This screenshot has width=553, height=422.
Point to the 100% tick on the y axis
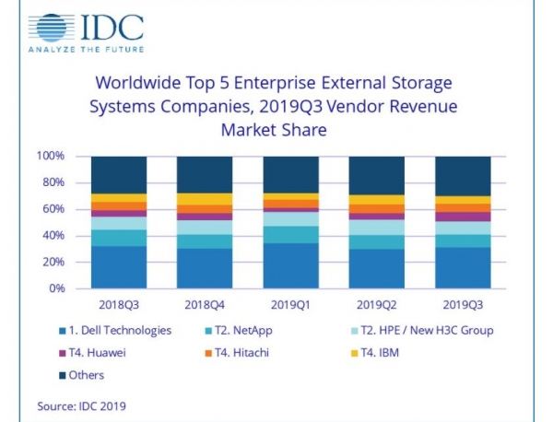(50, 157)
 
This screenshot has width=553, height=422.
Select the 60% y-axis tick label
(53, 209)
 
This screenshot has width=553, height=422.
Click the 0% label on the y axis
(56, 288)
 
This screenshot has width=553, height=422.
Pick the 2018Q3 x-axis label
(119, 303)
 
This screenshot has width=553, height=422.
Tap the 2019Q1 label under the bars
(290, 303)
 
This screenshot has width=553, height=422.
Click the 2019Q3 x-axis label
(462, 303)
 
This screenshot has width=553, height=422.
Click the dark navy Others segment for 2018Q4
(205, 174)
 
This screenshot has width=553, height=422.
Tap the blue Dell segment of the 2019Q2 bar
(376, 268)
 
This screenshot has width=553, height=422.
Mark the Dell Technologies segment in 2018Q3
(119, 266)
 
